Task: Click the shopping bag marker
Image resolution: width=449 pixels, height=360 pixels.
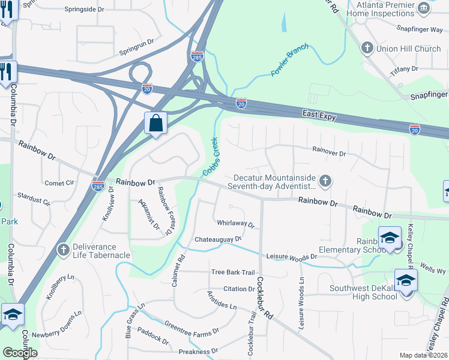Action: [x=155, y=124]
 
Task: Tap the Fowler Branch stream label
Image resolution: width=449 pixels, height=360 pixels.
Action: [x=289, y=59]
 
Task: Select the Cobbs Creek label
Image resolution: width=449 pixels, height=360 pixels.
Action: [x=211, y=157]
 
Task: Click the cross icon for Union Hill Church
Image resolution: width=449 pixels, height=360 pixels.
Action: [x=367, y=48]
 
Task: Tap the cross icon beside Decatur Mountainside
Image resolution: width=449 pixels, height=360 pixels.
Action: [x=325, y=181]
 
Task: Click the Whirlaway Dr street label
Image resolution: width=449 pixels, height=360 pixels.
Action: [x=235, y=224]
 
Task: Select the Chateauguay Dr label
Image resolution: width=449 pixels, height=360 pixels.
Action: [x=217, y=239]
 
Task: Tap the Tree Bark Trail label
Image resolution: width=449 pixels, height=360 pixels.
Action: [x=233, y=272]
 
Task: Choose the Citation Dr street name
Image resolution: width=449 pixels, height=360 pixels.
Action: [x=238, y=289]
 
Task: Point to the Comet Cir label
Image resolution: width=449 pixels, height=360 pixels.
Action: [x=59, y=183]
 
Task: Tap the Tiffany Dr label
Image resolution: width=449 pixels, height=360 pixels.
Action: [x=404, y=70]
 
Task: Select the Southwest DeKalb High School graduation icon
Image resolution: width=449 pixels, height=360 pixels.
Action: [x=406, y=280]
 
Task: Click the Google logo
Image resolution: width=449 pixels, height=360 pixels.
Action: [x=20, y=353]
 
